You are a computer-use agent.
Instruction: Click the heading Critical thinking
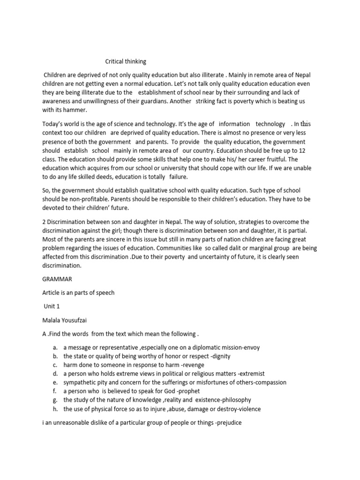click(x=126, y=61)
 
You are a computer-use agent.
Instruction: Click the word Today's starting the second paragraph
click(x=55, y=124)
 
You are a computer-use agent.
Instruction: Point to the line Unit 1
click(x=52, y=306)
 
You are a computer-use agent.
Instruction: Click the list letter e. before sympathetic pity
click(x=55, y=382)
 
